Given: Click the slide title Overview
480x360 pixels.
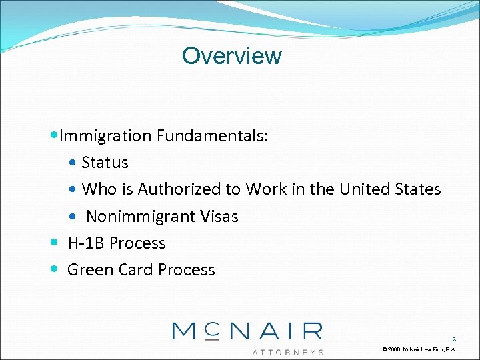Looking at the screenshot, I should (x=231, y=56).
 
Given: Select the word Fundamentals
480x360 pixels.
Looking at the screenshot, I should (x=213, y=136).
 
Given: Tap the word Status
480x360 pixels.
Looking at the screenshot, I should (x=105, y=163).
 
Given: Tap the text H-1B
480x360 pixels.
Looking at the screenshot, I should (x=87, y=243).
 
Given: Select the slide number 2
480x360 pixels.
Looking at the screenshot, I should (x=453, y=338).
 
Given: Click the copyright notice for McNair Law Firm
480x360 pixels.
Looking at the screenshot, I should (x=419, y=349).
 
